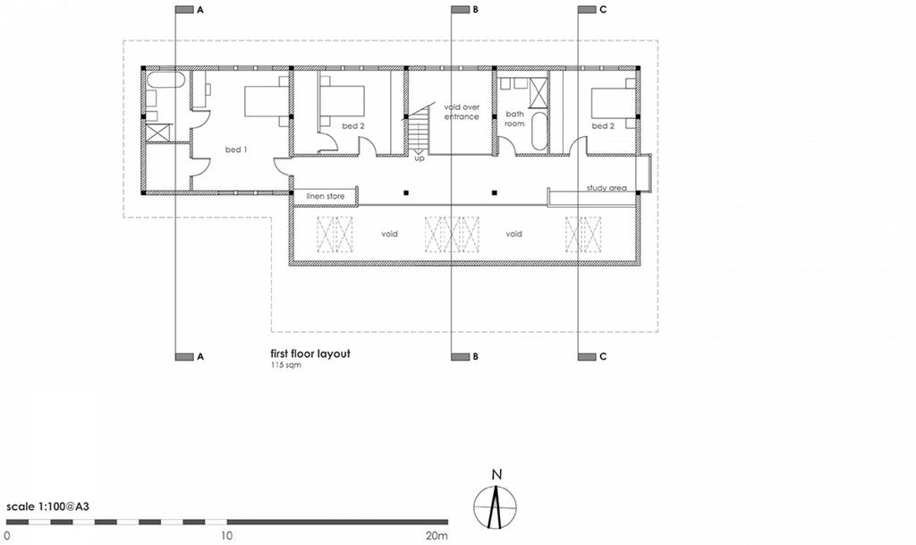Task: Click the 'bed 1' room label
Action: (x=236, y=149)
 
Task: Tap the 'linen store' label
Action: (x=326, y=196)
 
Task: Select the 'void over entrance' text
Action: (x=462, y=112)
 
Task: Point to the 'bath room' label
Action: (x=514, y=119)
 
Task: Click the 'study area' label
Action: (x=606, y=188)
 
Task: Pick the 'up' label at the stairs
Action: (x=419, y=158)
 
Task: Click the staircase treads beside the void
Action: (x=418, y=132)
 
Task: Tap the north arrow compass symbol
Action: (x=496, y=506)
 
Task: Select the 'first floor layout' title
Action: (x=310, y=354)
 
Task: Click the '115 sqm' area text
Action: (x=285, y=366)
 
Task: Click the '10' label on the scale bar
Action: (x=226, y=536)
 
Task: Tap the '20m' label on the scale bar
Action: (x=437, y=536)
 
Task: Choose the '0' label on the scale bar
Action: (x=7, y=536)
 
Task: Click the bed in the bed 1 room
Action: (x=267, y=102)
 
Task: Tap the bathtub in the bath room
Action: (x=539, y=132)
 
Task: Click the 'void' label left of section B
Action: (x=389, y=234)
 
